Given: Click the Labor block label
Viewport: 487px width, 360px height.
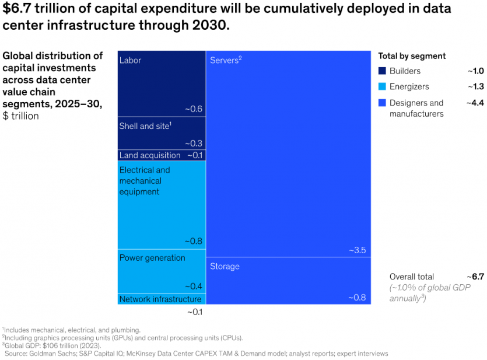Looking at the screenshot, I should [130, 60].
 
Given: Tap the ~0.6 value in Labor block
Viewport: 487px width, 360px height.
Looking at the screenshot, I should [194, 109].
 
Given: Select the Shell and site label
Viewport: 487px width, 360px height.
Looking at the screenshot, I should [145, 126].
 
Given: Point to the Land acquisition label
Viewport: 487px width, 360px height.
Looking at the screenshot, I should [150, 155].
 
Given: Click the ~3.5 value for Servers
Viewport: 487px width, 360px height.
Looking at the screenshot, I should [358, 250].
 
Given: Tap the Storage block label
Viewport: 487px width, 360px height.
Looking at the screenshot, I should [225, 266].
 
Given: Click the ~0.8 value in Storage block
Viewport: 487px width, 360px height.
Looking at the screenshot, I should [358, 298].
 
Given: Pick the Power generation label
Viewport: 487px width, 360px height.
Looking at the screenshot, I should [152, 258].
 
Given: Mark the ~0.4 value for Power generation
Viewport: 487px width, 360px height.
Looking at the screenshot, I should [194, 286].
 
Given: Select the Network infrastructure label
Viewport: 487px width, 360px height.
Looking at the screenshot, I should [160, 299].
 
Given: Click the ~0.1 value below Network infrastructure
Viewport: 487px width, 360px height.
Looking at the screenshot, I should [194, 312].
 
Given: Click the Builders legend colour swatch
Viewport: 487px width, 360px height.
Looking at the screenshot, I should [382, 71].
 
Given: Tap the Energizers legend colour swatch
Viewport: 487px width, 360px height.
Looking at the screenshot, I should [382, 87].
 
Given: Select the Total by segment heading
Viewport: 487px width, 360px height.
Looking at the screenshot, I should [412, 56].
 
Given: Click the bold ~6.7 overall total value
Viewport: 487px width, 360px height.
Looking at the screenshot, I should [475, 277].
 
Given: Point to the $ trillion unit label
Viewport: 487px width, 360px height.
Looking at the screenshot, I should [21, 116].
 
